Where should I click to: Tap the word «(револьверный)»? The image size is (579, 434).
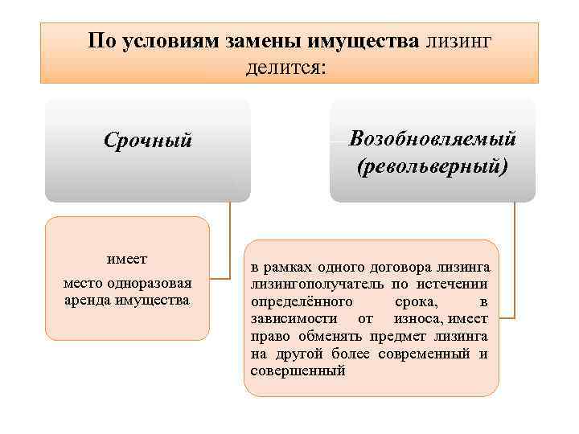(x=433, y=167)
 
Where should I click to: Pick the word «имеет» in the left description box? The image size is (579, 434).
(x=127, y=260)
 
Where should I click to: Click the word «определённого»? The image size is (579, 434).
(x=301, y=301)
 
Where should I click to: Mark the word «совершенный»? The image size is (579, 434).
(x=298, y=371)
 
